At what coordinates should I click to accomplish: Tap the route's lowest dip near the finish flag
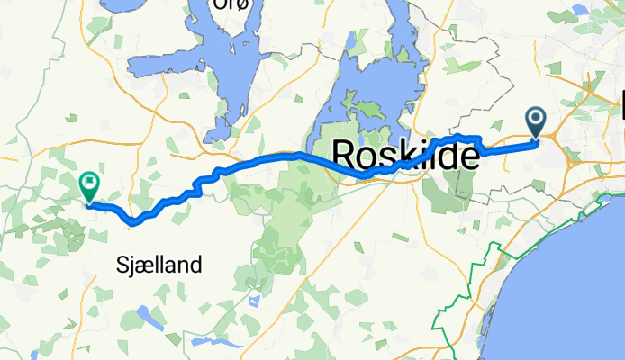(134, 219)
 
